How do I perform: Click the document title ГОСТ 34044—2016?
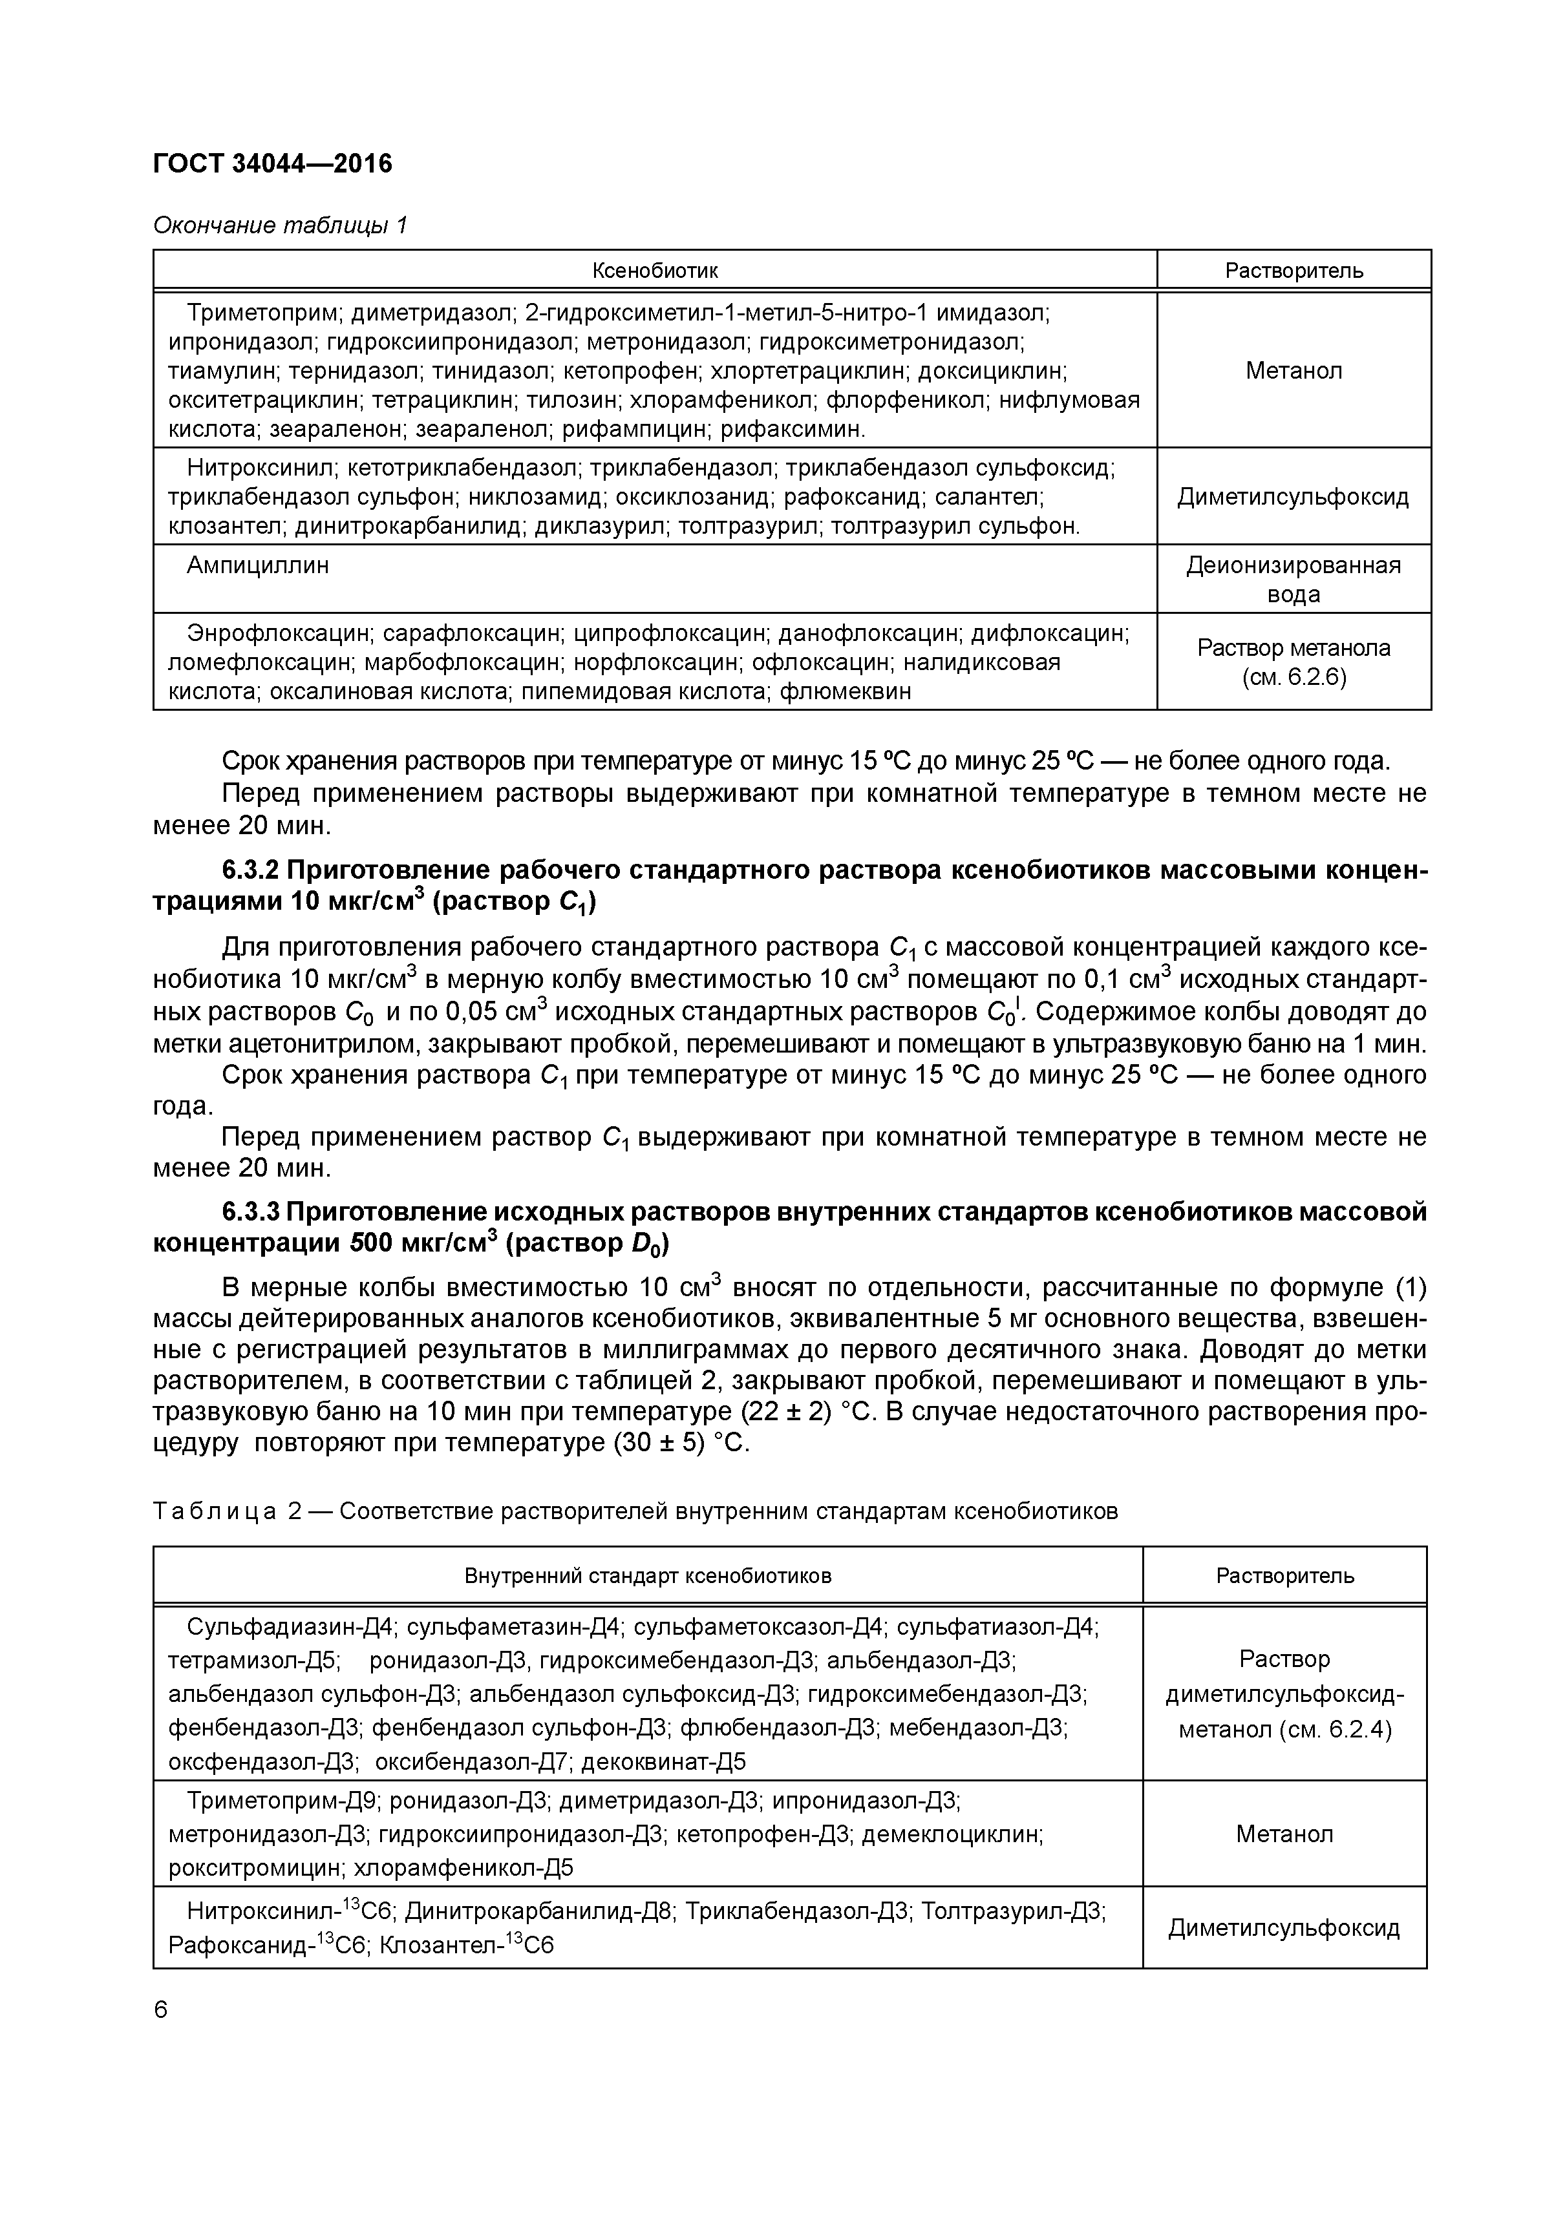[x=273, y=164]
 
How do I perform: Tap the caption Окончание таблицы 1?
[x=281, y=225]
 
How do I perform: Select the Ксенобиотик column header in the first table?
[x=655, y=270]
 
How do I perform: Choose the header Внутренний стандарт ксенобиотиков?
[x=647, y=1576]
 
